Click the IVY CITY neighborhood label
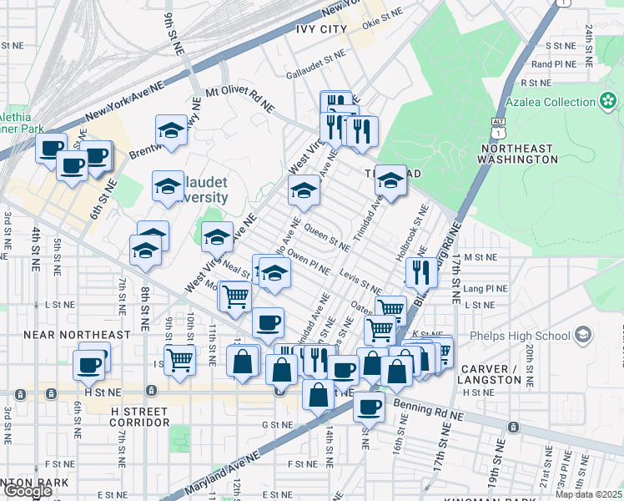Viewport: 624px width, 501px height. coord(320,29)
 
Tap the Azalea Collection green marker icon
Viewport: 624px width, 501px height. coord(608,102)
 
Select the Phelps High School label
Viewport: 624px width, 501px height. coord(532,337)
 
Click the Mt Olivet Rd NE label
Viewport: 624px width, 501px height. coord(239,98)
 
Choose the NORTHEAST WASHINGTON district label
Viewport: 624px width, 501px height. coord(516,154)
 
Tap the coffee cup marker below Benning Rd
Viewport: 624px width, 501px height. coord(369,406)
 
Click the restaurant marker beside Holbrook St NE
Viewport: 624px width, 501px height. coord(421,271)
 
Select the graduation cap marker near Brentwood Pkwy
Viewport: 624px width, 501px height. coord(171,130)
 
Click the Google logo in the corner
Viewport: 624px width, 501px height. coord(28,491)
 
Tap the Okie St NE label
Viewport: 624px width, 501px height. coord(384,14)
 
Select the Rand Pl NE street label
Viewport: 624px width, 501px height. coord(554,63)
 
